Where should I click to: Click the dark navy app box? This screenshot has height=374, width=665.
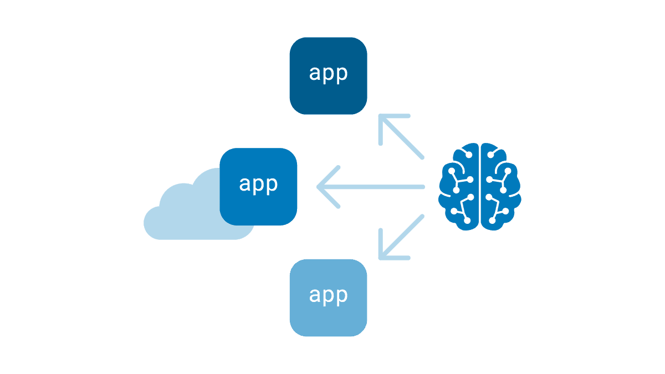pyautogui.click(x=328, y=76)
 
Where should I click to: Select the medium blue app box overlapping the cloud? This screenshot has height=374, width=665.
pyautogui.click(x=259, y=187)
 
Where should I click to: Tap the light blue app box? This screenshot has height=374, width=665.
pyautogui.click(x=328, y=298)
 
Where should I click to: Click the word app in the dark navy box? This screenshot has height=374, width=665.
pyautogui.click(x=328, y=74)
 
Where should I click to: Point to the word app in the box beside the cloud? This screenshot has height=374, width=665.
pyautogui.click(x=258, y=185)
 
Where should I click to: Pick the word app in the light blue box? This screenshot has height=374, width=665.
pyautogui.click(x=328, y=295)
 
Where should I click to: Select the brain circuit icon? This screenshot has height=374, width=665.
pyautogui.click(x=480, y=186)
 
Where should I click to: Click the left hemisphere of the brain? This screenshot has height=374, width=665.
pyautogui.click(x=459, y=186)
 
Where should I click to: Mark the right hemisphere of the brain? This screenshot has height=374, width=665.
pyautogui.click(x=501, y=186)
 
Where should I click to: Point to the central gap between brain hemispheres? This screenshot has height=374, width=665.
pyautogui.click(x=480, y=186)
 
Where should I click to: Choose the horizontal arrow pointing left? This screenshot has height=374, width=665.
pyautogui.click(x=371, y=187)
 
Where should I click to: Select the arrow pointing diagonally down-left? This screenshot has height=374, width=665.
pyautogui.click(x=401, y=237)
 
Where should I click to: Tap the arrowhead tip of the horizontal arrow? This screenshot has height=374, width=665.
pyautogui.click(x=319, y=187)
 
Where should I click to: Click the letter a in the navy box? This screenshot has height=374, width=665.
pyautogui.click(x=315, y=74)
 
